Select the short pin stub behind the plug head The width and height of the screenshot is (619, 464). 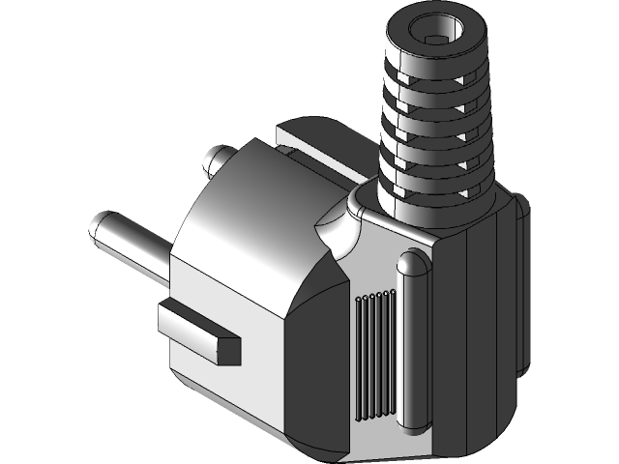coord(219,157)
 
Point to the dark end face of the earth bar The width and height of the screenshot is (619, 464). coord(230,350)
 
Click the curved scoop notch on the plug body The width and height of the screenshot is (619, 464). coord(334,232)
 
